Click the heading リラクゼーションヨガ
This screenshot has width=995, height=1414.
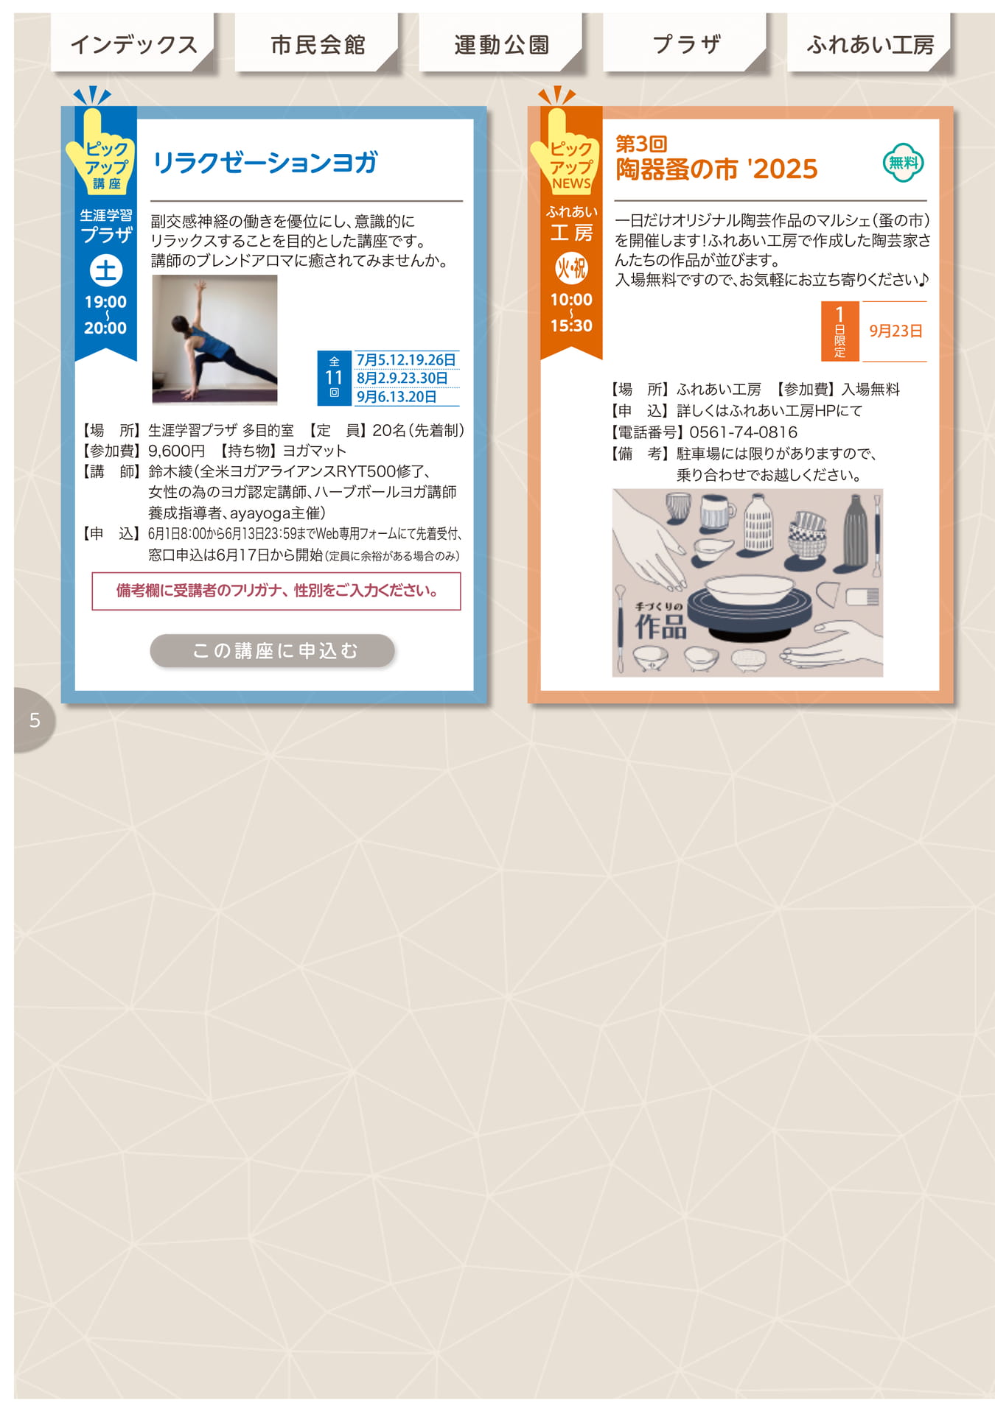pos(265,163)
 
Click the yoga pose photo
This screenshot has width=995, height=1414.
pos(214,340)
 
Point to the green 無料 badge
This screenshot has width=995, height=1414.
pos(904,163)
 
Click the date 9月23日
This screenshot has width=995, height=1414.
pos(895,331)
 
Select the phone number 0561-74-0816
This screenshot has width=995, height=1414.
pos(743,432)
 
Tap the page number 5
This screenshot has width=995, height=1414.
pos(35,720)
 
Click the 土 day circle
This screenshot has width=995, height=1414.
pos(105,271)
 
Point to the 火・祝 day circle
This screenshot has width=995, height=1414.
pos(571,269)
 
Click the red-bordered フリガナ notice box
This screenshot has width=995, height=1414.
pos(276,591)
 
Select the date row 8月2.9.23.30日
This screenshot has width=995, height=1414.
pos(402,378)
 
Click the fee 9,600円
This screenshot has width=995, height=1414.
pos(176,451)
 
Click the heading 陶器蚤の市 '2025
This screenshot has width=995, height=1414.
pos(716,169)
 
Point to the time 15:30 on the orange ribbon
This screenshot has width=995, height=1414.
pos(571,326)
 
